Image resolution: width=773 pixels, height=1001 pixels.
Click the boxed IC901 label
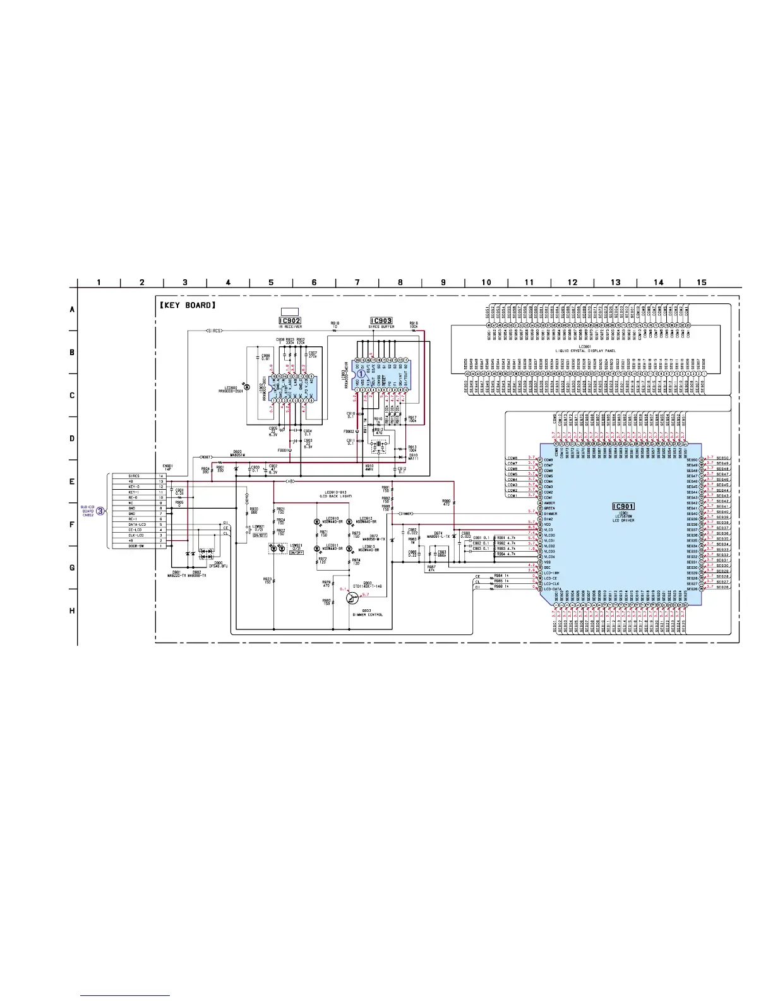point(623,506)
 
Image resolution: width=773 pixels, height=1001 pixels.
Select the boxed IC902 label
point(290,321)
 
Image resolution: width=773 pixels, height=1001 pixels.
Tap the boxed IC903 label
point(381,321)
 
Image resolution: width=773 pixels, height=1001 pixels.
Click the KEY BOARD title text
point(188,306)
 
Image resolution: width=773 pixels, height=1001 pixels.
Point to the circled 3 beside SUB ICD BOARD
point(100,510)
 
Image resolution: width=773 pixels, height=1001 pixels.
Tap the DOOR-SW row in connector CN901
point(134,546)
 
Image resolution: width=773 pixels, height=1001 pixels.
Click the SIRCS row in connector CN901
point(134,476)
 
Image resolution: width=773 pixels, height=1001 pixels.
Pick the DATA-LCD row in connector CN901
point(135,525)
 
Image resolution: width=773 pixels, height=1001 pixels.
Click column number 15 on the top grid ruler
point(702,282)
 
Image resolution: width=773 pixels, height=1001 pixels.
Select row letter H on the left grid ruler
point(73,610)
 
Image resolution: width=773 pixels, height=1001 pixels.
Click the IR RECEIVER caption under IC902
point(290,327)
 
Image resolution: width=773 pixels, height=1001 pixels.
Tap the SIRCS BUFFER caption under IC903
point(381,327)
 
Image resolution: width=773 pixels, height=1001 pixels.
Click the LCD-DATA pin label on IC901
point(553,589)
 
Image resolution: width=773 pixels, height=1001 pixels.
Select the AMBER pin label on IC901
point(549,503)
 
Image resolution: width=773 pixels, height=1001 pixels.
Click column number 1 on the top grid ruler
point(99,282)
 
